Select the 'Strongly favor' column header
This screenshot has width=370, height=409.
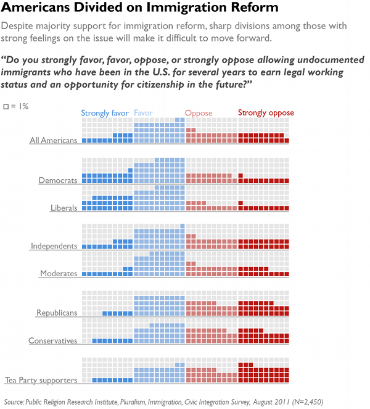click(105, 113)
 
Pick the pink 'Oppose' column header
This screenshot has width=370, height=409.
click(199, 113)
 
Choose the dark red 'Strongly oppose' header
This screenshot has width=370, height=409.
click(266, 113)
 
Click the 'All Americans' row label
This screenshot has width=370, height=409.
click(54, 140)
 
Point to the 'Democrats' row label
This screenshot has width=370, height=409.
click(58, 180)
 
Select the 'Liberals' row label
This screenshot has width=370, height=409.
click(64, 208)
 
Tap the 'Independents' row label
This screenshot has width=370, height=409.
click(54, 246)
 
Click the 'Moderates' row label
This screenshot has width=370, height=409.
click(59, 273)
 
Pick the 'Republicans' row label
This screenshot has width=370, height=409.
click(57, 313)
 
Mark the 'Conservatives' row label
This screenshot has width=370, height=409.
click(53, 340)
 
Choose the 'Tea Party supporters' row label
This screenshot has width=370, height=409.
click(41, 380)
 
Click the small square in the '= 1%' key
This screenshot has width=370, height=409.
click(7, 107)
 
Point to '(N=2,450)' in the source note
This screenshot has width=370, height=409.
click(308, 401)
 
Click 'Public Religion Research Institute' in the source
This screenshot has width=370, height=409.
click(79, 401)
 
